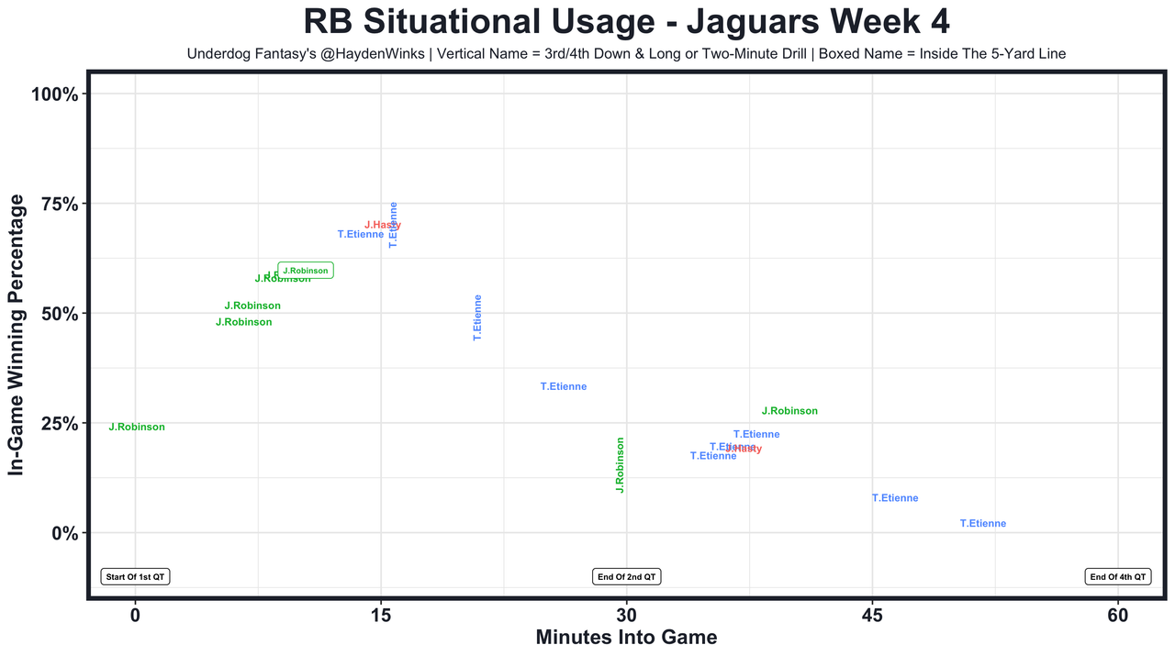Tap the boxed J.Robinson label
tap(305, 271)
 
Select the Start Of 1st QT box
tap(135, 577)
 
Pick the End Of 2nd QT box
tap(626, 577)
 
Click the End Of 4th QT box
tap(1117, 577)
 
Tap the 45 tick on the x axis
tap(872, 614)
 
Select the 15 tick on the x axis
tap(381, 614)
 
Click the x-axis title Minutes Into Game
tap(626, 637)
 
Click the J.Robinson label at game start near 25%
tap(137, 428)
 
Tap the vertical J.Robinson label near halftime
tap(621, 465)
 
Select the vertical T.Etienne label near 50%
tap(477, 318)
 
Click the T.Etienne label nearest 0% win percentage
tap(983, 524)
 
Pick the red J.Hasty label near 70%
tap(383, 225)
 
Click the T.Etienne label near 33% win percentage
tap(564, 387)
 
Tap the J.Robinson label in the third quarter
tap(789, 412)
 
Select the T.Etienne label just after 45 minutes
tap(895, 499)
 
